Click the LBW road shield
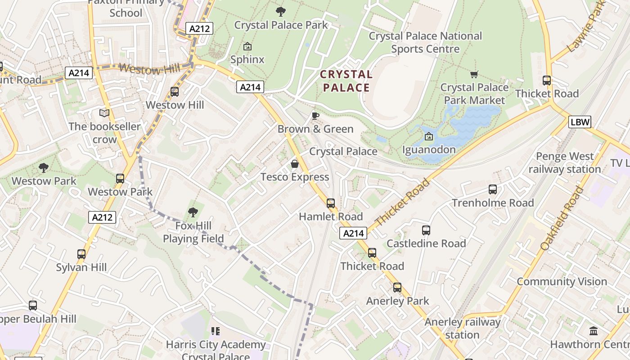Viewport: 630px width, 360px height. (579, 121)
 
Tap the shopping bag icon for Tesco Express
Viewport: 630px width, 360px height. (295, 164)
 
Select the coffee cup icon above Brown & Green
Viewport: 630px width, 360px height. (315, 116)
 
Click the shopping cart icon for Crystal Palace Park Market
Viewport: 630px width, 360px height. (474, 74)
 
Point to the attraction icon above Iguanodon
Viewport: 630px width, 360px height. (429, 136)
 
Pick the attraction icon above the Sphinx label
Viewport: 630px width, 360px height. (247, 46)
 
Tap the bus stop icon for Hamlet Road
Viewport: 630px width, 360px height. (331, 203)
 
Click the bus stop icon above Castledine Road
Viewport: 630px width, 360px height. (426, 230)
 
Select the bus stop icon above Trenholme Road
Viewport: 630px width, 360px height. (493, 189)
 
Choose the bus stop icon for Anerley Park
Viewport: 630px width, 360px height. (397, 288)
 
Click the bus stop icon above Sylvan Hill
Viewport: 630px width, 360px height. (81, 254)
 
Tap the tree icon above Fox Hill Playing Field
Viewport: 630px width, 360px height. (193, 212)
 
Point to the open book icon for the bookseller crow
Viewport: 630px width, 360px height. (104, 113)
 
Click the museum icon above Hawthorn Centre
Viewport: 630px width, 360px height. (594, 331)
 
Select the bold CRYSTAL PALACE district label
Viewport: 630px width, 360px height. (346, 81)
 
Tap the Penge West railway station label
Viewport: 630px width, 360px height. (564, 162)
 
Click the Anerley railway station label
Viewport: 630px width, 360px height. (462, 328)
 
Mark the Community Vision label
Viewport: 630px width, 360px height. (562, 282)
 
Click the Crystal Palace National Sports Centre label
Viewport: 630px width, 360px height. (425, 42)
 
